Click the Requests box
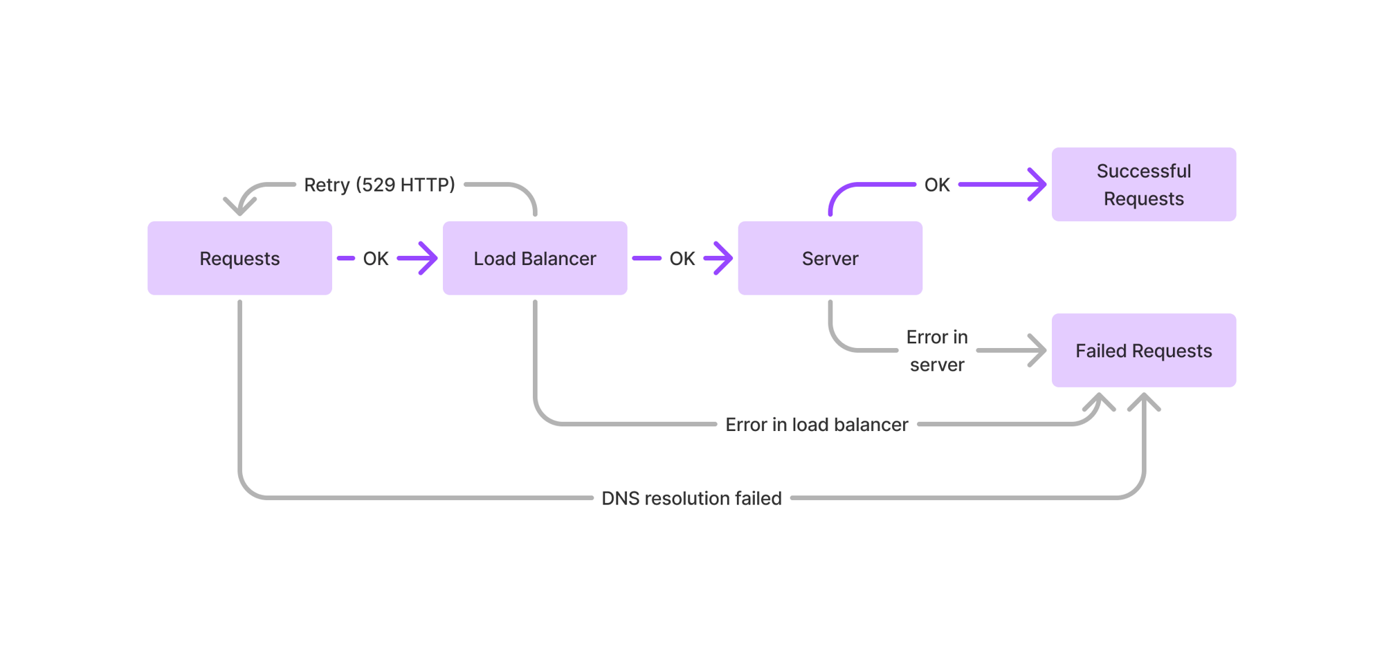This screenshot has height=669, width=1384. (239, 258)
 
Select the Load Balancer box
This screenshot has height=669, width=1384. (534, 258)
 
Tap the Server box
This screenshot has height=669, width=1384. (830, 258)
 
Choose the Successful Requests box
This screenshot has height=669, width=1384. (1143, 185)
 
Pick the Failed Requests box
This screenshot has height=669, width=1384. (1143, 351)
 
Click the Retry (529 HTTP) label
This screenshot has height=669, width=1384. (379, 185)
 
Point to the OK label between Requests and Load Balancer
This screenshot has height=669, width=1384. (376, 259)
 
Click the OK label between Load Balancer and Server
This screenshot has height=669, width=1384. (682, 259)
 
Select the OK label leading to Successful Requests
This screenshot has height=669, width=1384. (937, 185)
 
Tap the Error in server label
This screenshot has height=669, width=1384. (937, 351)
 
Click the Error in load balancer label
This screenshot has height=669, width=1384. (817, 425)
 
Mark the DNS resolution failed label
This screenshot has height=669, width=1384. (691, 498)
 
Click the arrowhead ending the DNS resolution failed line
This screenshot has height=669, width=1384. (1144, 401)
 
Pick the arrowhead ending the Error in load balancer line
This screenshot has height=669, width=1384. (1099, 401)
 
